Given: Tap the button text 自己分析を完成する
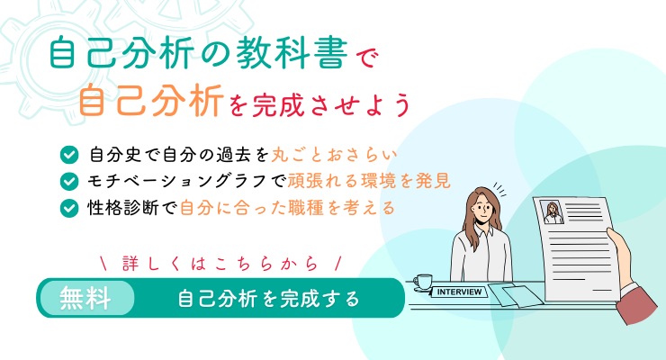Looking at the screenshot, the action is (268, 299).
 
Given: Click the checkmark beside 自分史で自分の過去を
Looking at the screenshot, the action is (69, 155).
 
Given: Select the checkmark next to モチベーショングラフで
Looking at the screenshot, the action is (69, 182).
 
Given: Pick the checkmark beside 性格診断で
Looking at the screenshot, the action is (69, 209).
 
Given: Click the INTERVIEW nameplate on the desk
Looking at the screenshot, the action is (459, 292).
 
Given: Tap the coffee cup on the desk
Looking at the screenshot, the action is (422, 283).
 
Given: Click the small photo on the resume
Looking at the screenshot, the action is (553, 211).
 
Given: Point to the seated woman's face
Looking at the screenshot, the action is (482, 209).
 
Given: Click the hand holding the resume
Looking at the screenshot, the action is (621, 256).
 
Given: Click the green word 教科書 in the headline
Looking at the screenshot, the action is (292, 54).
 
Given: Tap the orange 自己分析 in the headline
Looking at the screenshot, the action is (151, 101).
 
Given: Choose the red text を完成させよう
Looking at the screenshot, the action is (319, 105).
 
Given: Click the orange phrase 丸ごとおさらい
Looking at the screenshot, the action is (334, 155).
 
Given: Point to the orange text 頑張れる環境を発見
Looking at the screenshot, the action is (369, 181).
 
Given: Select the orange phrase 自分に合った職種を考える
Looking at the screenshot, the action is (288, 208).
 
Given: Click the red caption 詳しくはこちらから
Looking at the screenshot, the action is (220, 264).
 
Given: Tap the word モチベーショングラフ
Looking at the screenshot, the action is (177, 182).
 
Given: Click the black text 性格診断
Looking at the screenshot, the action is (123, 208).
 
